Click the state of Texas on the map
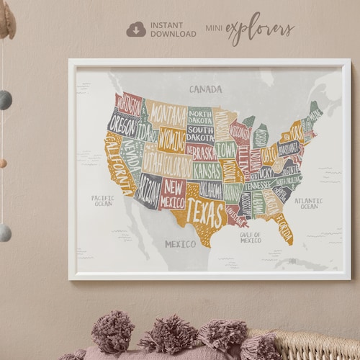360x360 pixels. (205, 213)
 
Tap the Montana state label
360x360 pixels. (168, 114)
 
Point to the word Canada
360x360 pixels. (205, 89)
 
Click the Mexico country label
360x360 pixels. (180, 244)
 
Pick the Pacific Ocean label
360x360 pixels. (102, 201)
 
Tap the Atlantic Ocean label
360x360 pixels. (309, 204)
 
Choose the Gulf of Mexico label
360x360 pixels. (251, 238)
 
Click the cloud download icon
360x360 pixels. (136, 29)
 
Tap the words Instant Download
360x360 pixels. (173, 30)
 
